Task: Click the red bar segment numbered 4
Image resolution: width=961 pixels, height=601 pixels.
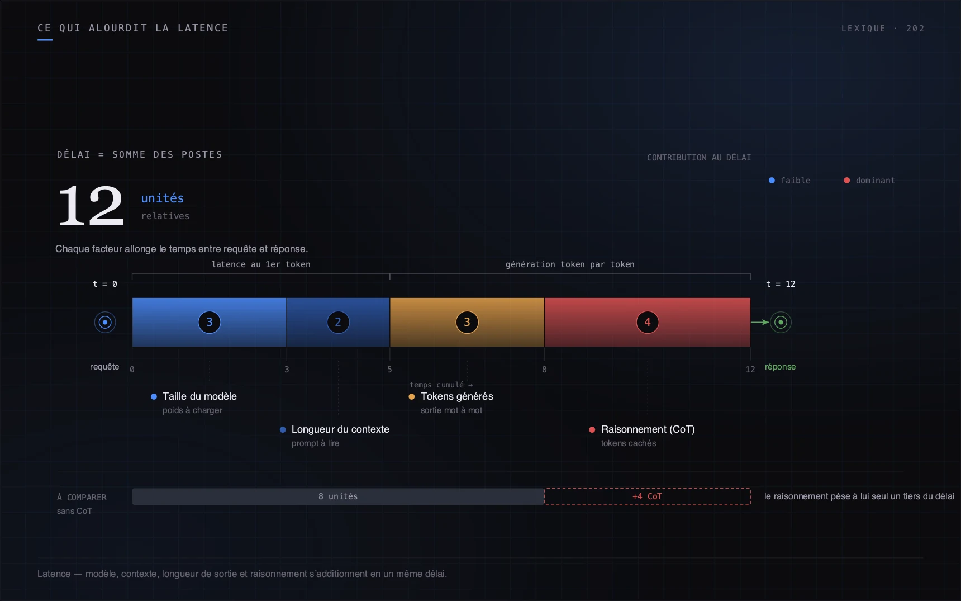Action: coord(648,322)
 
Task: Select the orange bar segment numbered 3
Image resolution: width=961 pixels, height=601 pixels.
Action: coord(467,322)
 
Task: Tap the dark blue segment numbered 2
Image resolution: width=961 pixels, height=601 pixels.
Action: coord(338,322)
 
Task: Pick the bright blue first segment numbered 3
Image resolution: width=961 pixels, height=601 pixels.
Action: coord(210,322)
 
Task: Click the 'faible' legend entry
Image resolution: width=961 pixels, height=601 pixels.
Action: coord(789,181)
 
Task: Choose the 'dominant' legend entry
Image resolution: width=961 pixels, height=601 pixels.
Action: coord(869,181)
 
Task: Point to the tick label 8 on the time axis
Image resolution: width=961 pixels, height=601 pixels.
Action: coord(544,370)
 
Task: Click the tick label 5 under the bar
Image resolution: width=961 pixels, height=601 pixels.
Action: coord(389,370)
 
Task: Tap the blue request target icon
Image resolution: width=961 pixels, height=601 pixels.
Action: coord(105,322)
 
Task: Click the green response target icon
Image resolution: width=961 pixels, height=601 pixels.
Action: coord(781,322)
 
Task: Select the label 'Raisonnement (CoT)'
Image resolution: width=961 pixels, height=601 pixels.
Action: coord(648,429)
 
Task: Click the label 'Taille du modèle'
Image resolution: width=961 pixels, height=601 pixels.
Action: coord(199,396)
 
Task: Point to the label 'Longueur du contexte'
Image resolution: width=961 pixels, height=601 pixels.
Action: coord(340,429)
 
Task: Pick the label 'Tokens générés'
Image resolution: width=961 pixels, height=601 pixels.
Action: coord(457,396)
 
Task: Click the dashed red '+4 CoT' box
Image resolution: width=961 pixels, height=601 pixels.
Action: coord(648,496)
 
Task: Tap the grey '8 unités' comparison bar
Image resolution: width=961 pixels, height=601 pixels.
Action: coord(338,496)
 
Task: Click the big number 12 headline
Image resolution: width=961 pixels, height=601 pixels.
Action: coord(91,206)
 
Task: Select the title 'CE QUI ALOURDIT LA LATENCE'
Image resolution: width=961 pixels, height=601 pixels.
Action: coord(133,28)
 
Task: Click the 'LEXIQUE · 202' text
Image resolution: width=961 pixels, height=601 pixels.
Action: coord(883,29)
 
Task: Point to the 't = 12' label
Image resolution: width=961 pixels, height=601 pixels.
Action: coord(781,284)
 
